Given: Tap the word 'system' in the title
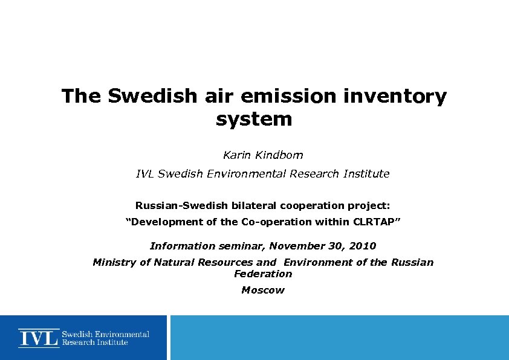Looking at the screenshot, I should [254, 119].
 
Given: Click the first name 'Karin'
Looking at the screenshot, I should [236, 155].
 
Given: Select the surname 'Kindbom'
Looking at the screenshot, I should [279, 155].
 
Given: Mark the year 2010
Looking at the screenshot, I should [362, 246].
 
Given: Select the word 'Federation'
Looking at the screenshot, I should [263, 274].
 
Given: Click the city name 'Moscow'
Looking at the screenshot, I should [263, 290].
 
